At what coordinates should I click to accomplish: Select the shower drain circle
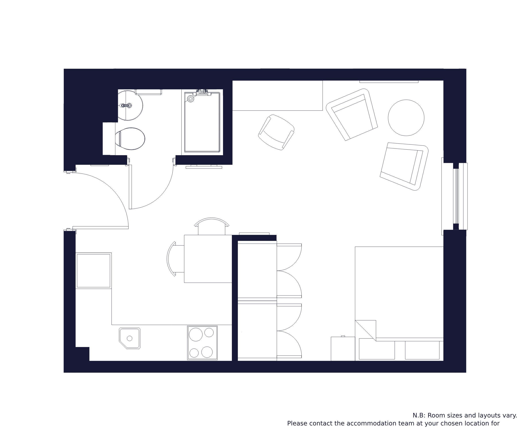click(x=191, y=98)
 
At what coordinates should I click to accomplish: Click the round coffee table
click(x=406, y=118)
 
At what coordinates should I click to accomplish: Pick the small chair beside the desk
click(x=276, y=132)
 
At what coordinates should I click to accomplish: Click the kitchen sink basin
click(x=129, y=338)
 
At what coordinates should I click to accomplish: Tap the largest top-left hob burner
click(x=196, y=334)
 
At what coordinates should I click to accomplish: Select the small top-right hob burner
click(x=209, y=332)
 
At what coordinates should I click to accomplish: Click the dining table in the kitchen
click(x=208, y=259)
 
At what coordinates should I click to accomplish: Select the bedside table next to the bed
click(x=343, y=349)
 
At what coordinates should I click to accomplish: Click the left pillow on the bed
click(x=377, y=349)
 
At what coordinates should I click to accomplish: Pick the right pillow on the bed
click(x=422, y=350)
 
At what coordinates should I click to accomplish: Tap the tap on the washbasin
click(x=126, y=105)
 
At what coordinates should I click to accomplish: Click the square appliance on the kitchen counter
click(x=94, y=271)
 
